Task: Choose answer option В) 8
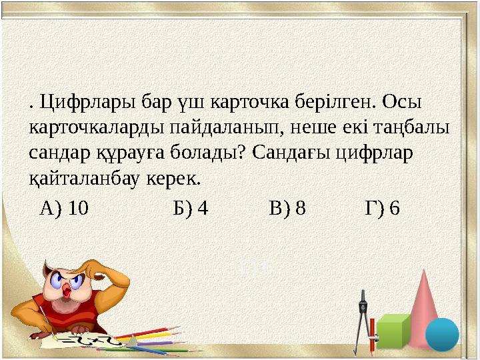click(x=287, y=209)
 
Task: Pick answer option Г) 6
click(x=383, y=209)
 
